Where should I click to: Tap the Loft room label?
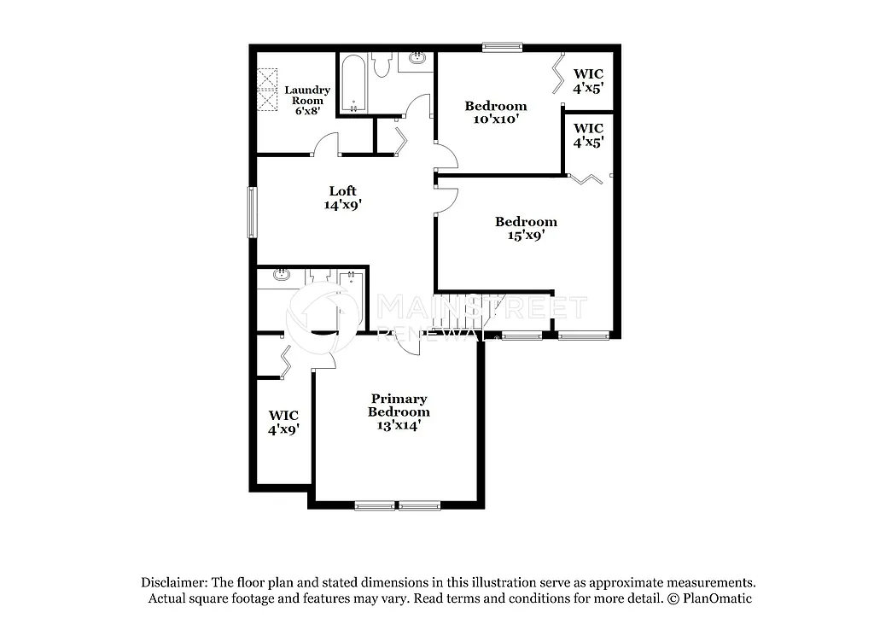click(343, 197)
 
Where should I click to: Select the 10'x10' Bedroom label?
click(495, 113)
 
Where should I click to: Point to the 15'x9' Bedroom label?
click(526, 229)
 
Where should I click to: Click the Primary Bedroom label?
click(399, 411)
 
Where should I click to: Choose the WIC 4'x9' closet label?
click(283, 423)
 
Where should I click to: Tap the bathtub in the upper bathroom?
click(353, 84)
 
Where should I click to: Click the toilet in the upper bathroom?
click(382, 64)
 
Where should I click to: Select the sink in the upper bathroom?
click(418, 60)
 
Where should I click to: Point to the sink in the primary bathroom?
click(282, 276)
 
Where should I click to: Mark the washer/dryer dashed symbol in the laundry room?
click(270, 90)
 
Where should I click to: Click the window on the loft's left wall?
click(252, 212)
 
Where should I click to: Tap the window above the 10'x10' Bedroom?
click(501, 48)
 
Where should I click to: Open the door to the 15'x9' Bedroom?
click(446, 198)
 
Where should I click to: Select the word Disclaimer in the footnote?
click(174, 582)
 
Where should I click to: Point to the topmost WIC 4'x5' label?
click(588, 80)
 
